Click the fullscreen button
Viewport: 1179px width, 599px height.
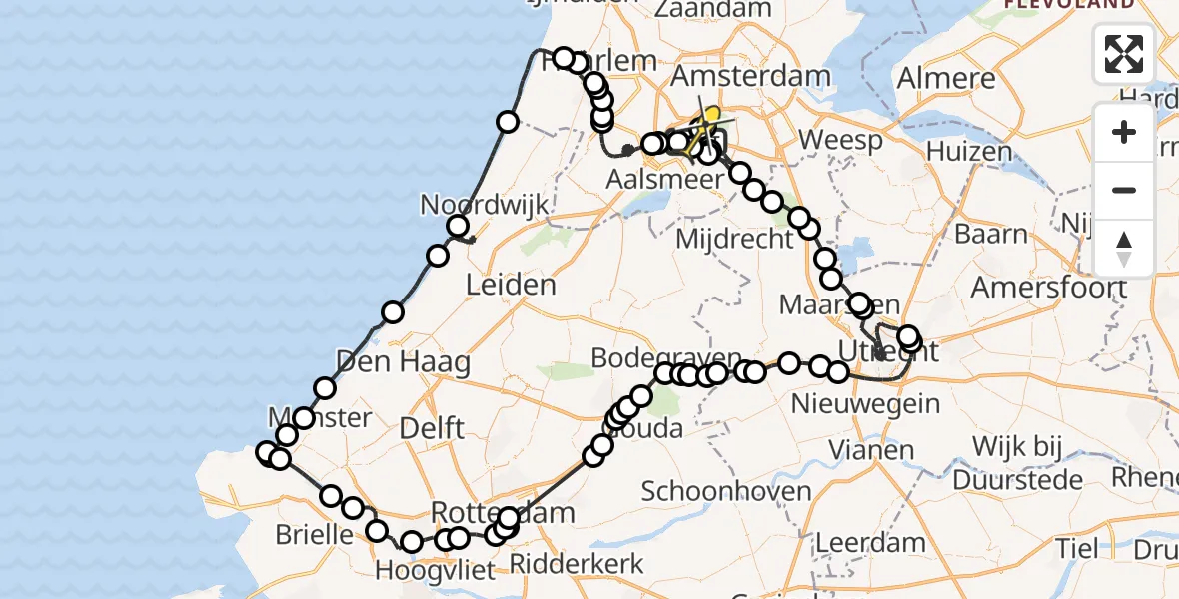[x=1124, y=54]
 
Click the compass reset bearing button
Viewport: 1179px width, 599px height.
[x=1124, y=248]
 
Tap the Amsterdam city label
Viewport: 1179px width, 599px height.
[x=751, y=76]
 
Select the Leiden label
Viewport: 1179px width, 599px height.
[x=511, y=286]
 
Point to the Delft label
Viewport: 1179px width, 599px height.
[x=431, y=429]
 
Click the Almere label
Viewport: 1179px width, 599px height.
[x=945, y=78]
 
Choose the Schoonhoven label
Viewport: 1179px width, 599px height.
[x=712, y=491]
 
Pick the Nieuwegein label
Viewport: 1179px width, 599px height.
[x=865, y=404]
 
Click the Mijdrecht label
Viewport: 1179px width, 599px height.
[x=725, y=240]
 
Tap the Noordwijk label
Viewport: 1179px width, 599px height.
[x=485, y=205]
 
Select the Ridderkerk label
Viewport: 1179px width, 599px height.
[x=577, y=564]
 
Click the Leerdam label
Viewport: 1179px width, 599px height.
[x=871, y=543]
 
